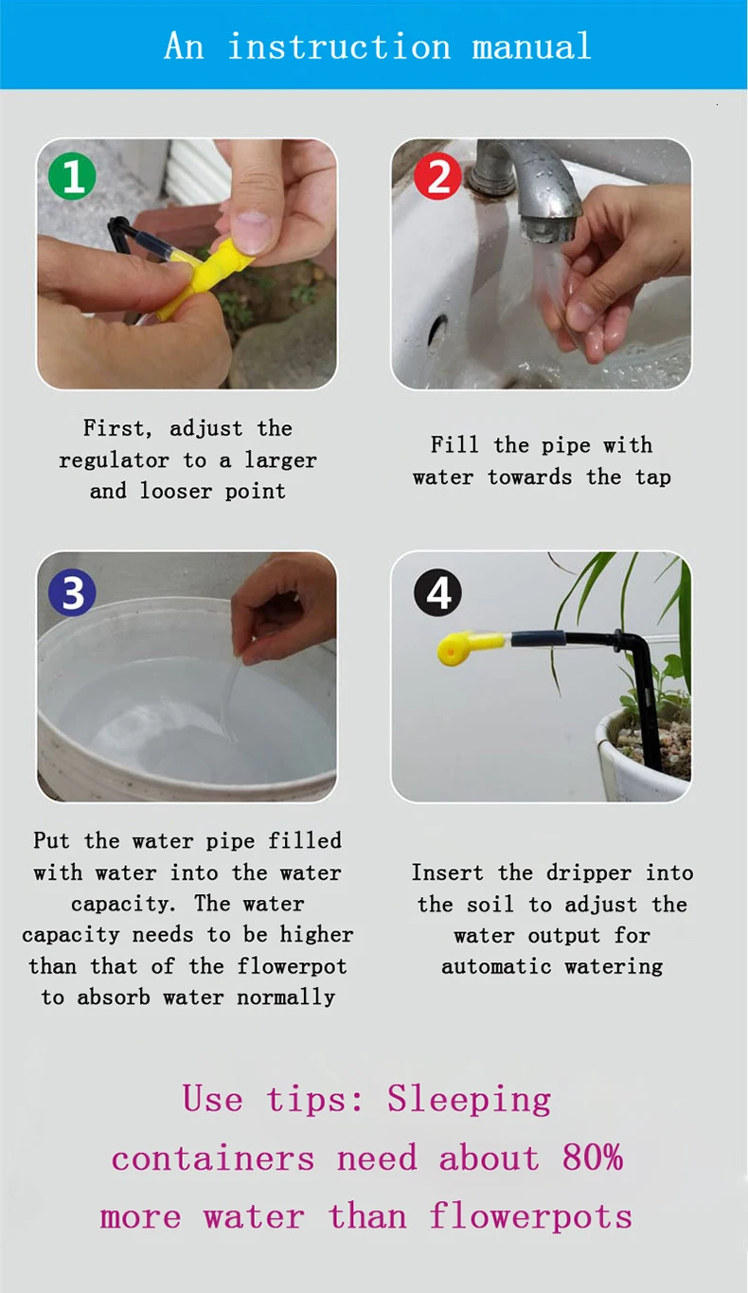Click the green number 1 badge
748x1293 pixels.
coord(72,175)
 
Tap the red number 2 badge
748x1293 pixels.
coord(437,175)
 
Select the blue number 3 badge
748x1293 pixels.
coord(72,592)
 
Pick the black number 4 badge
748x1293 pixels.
coord(438,592)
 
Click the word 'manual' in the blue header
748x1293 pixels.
coord(531,46)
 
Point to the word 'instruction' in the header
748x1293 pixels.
coord(339,46)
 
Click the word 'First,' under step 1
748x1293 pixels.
coord(117,428)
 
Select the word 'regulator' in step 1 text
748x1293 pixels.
coord(114,460)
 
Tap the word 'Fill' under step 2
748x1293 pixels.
coord(454,444)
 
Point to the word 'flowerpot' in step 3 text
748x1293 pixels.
coord(292,965)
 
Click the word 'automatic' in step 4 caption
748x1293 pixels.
coord(496,965)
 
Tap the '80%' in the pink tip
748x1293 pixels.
coord(593,1158)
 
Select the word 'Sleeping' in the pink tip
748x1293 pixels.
coord(470,1100)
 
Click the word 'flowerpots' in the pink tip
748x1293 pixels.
coord(531,1216)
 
